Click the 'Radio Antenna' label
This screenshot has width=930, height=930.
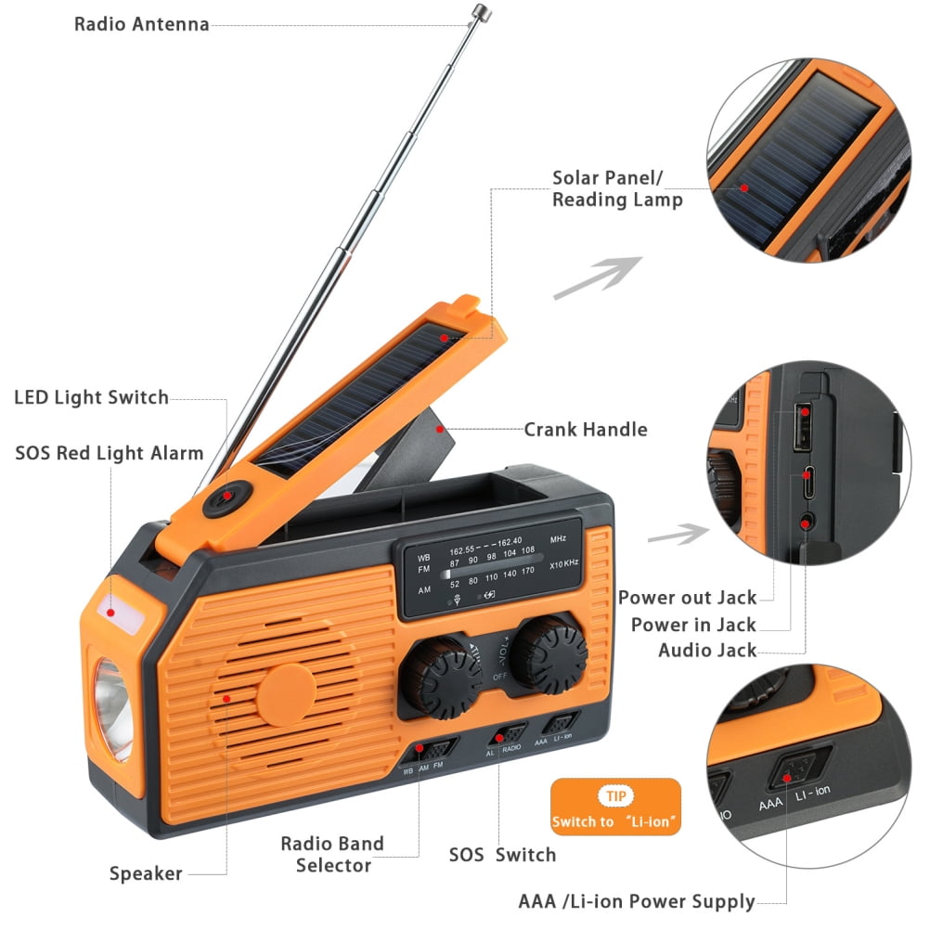(141, 24)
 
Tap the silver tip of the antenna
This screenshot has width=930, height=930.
(480, 12)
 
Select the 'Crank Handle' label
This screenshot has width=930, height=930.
(585, 429)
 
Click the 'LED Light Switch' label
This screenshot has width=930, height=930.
(91, 398)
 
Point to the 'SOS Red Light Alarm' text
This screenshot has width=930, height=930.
(109, 454)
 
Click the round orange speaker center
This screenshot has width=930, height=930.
(286, 693)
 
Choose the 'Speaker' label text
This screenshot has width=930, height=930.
(146, 873)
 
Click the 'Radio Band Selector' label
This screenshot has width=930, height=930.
(332, 855)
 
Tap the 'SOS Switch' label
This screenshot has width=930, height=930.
(502, 855)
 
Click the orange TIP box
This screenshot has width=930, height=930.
(614, 807)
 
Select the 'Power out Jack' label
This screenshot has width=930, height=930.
(687, 598)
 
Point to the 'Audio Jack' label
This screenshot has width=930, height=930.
(707, 650)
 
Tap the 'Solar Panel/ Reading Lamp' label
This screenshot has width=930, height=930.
(617, 188)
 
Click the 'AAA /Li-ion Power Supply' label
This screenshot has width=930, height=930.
(636, 901)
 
